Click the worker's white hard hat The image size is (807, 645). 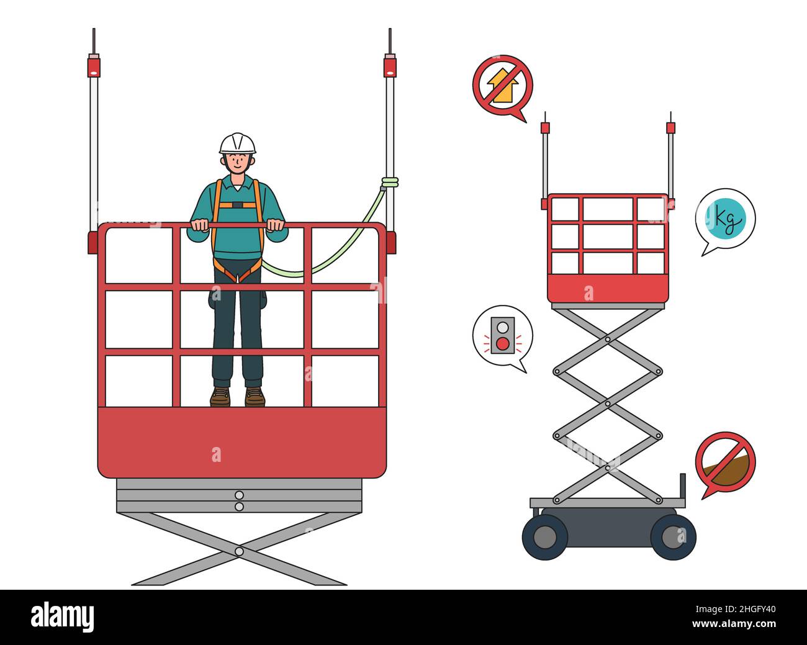(x=237, y=143)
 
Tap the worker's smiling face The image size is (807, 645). (x=237, y=163)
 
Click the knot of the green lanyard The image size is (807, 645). (x=389, y=182)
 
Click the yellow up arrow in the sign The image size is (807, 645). (x=502, y=84)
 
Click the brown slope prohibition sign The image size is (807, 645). (x=724, y=462)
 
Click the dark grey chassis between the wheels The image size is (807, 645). (x=608, y=528)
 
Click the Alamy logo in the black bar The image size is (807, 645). (x=63, y=618)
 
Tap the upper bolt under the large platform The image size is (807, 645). (x=239, y=495)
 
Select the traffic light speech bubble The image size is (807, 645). (x=502, y=336)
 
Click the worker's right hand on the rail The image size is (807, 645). (x=199, y=225)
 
